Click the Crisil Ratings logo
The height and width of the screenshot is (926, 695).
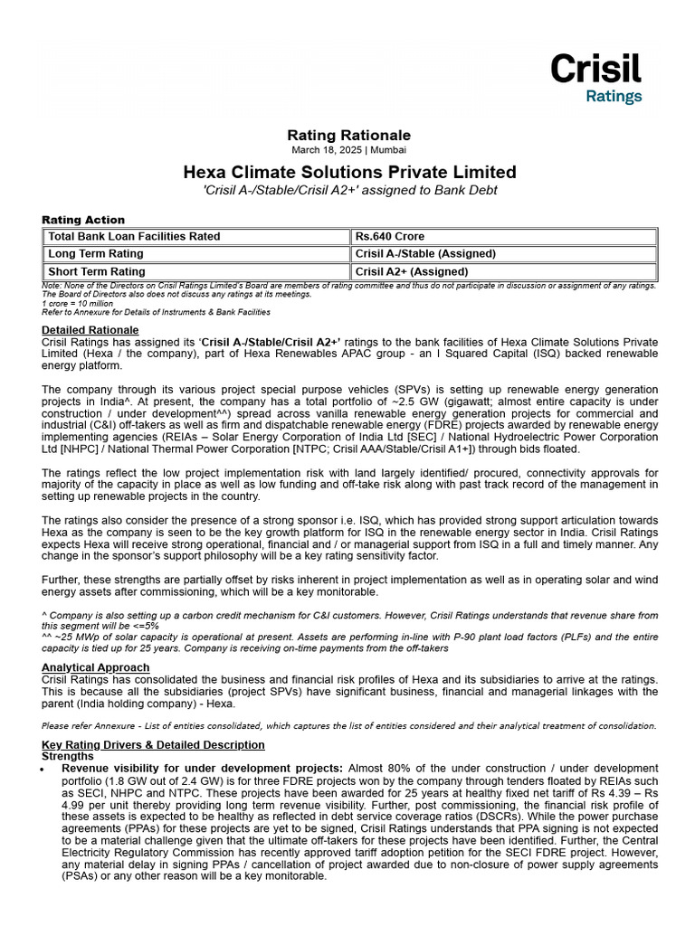click(x=595, y=78)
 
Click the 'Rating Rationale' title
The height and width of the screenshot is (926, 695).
click(x=349, y=135)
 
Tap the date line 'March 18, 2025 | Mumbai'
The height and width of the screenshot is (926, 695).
click(x=349, y=149)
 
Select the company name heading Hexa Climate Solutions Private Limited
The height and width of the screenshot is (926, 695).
click(x=349, y=172)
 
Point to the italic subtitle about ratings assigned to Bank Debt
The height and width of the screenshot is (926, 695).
click(x=349, y=190)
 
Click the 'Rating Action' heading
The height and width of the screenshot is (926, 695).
click(x=83, y=220)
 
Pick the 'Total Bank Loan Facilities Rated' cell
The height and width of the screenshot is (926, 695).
click(x=134, y=237)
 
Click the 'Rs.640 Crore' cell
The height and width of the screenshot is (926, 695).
click(x=390, y=237)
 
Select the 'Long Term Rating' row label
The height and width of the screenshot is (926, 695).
click(x=96, y=254)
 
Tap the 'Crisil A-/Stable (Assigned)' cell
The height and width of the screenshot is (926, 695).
click(x=425, y=254)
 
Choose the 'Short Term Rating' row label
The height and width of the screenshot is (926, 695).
click(x=97, y=271)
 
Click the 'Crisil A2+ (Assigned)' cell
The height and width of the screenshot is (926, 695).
click(x=412, y=271)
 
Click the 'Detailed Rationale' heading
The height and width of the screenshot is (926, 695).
click(x=90, y=330)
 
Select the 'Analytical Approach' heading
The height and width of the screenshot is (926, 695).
click(x=96, y=667)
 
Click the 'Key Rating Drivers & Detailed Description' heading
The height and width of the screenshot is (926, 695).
click(x=153, y=745)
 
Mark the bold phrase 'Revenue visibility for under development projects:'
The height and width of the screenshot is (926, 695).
click(x=202, y=768)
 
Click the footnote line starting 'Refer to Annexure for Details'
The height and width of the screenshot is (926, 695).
click(x=156, y=312)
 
